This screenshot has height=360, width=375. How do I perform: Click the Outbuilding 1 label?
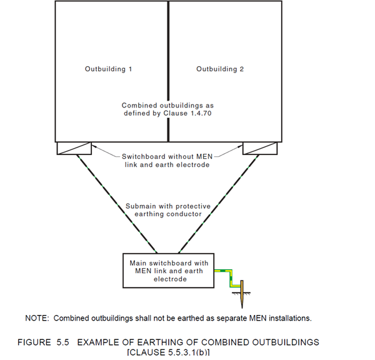(108, 69)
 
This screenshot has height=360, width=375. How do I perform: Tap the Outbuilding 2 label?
(220, 69)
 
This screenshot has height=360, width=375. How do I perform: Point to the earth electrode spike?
(242, 294)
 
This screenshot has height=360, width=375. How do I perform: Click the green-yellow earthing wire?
(231, 277)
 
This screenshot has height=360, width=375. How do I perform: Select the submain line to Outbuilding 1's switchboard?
(117, 204)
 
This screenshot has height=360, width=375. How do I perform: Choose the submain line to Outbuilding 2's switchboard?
(219, 204)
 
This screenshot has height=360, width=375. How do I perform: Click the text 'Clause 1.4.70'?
(187, 113)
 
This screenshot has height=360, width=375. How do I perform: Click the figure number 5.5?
(62, 342)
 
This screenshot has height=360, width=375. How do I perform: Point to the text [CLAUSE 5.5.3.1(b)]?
(168, 352)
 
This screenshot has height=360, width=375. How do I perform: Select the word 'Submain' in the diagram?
(140, 206)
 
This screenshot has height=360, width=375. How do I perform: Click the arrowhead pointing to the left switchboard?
(94, 146)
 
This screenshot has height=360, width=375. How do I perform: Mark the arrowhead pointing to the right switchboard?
(241, 146)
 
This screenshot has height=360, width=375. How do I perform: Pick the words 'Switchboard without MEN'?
(167, 157)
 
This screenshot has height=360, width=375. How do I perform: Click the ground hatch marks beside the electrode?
(241, 294)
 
